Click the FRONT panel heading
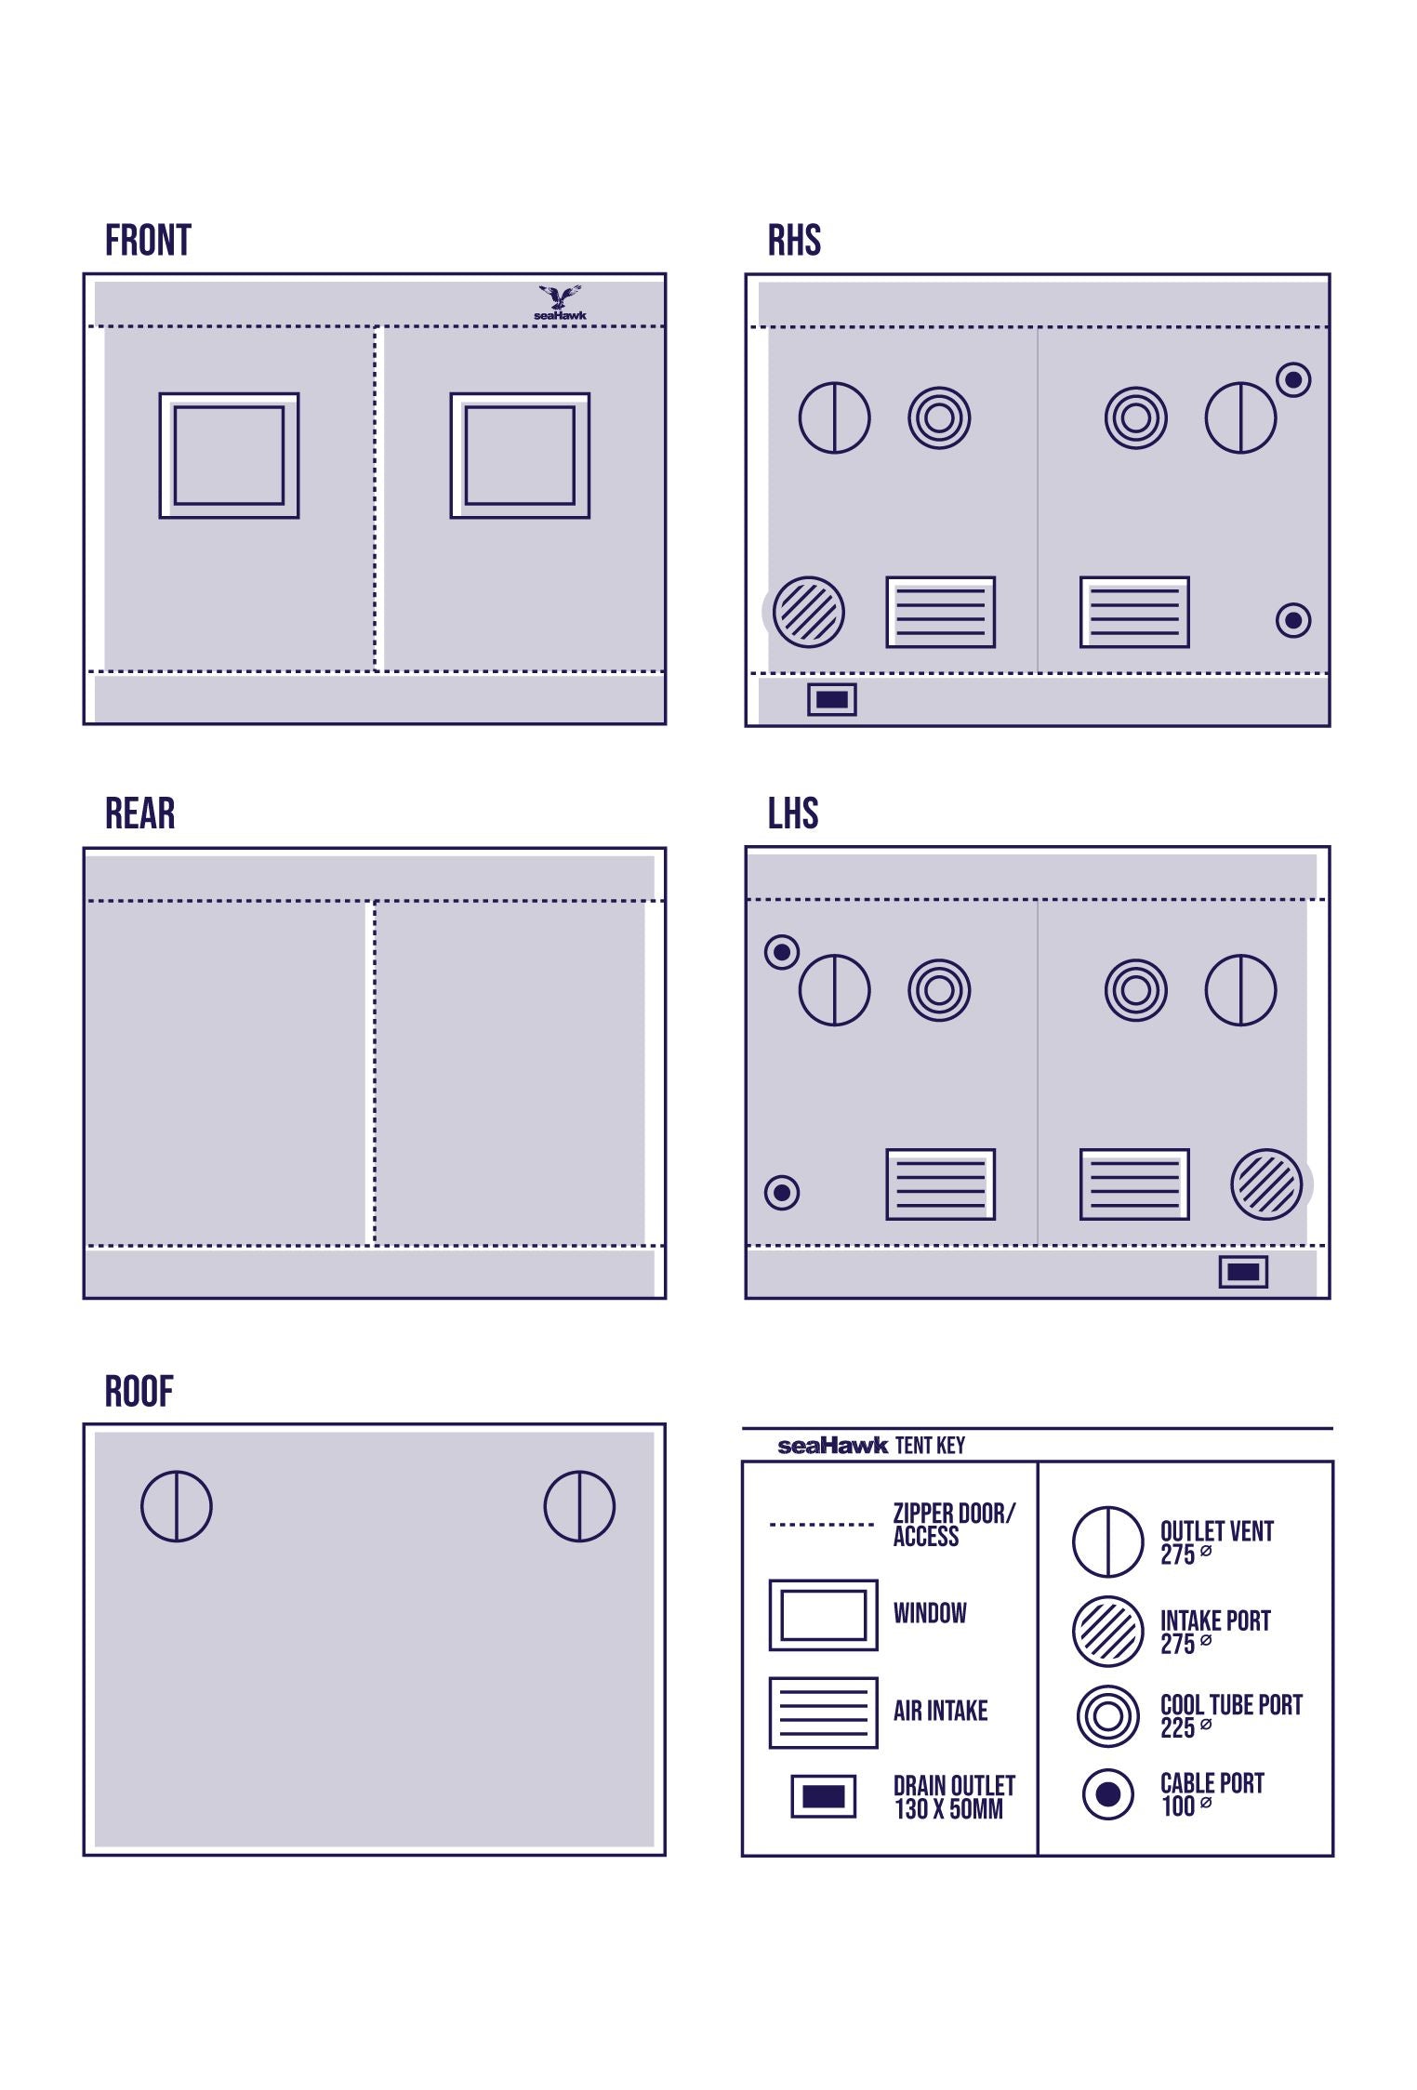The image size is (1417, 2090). [148, 240]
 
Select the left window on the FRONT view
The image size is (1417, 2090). [229, 456]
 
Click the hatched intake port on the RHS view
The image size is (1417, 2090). [809, 612]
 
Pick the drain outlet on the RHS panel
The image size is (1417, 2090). [832, 699]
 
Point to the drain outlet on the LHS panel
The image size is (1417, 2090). [1243, 1272]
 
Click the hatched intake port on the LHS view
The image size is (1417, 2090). [1266, 1184]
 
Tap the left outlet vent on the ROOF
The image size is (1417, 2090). [177, 1506]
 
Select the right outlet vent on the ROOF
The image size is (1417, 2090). [579, 1506]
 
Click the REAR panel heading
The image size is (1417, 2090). [139, 814]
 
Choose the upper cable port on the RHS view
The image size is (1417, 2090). [1293, 379]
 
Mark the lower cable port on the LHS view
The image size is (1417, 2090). [782, 1193]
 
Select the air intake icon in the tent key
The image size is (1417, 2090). [824, 1713]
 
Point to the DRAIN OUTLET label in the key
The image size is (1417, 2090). [954, 1797]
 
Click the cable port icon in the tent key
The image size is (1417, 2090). [1108, 1794]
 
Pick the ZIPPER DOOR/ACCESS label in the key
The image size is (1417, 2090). [954, 1525]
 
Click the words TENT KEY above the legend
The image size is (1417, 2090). [930, 1446]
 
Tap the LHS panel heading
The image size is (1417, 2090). [793, 814]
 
